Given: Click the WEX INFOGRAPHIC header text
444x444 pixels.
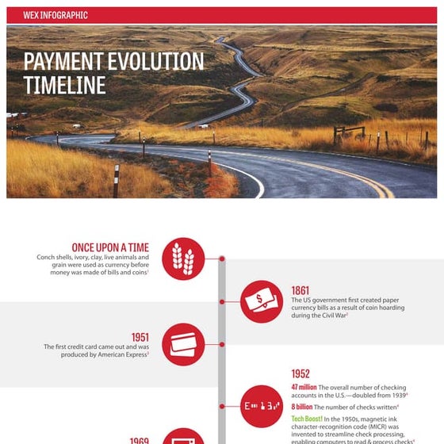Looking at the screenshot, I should click(55, 15).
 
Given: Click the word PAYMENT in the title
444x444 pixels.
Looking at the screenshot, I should click(69, 63).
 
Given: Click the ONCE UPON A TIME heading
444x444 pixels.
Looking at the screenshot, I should click(110, 247).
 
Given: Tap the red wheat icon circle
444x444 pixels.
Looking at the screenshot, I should click(183, 258).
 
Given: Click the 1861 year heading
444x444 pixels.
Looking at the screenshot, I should click(300, 291).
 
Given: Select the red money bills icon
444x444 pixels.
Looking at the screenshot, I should click(261, 301).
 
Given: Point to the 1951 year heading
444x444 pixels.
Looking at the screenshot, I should click(140, 336).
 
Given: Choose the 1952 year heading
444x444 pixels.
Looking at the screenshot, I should click(300, 373).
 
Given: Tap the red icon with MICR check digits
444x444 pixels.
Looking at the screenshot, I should click(261, 406).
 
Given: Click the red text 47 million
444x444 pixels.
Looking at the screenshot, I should click(304, 387).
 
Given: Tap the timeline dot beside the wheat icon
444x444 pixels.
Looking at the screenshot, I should click(222, 258).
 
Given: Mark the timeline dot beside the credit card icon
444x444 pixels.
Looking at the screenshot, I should click(222, 345).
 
